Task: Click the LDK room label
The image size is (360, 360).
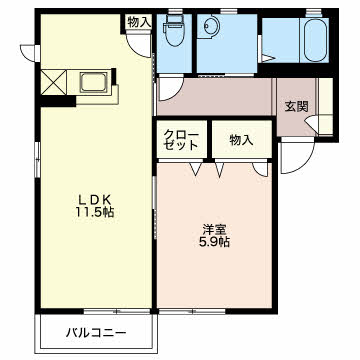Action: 94,199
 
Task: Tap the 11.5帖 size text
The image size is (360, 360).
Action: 94,212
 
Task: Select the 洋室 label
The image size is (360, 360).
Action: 214,230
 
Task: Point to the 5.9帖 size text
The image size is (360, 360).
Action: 214,242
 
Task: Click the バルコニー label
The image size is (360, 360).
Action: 96,332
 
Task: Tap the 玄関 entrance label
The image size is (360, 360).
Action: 296,107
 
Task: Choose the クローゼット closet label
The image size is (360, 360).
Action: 181,140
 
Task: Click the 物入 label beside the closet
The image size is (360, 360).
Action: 241,140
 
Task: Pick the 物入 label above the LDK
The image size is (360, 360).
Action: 139,23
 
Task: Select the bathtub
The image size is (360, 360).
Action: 314,39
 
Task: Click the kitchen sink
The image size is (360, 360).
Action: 93,82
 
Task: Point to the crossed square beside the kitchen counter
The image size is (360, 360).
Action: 54,82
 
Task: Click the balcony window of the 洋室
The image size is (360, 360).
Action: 192,312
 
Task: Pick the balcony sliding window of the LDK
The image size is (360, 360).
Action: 117,312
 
